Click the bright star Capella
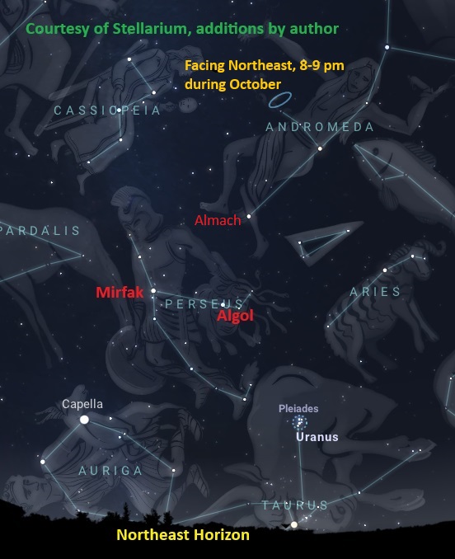[84, 420]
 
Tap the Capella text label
[82, 404]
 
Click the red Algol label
[235, 316]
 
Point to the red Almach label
[218, 220]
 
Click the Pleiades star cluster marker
[298, 421]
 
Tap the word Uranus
[317, 437]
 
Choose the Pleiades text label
[298, 408]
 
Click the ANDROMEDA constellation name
[320, 127]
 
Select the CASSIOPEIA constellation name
[107, 110]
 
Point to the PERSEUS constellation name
[204, 304]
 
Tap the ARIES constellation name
[375, 291]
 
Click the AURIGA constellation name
[110, 471]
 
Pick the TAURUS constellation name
[294, 505]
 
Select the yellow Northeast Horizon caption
[183, 535]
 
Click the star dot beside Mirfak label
[153, 290]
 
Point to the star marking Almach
[249, 216]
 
